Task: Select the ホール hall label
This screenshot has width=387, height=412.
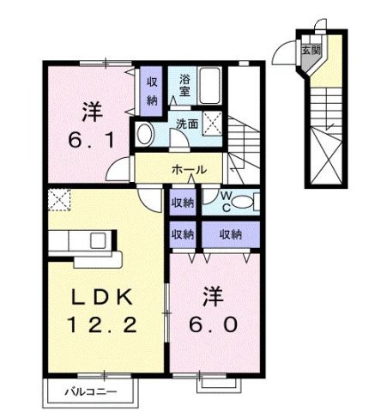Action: point(187,169)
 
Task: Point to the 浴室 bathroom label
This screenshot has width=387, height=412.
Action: point(185,86)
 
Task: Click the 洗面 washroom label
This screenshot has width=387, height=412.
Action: point(187,123)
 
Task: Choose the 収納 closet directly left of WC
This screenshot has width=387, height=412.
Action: point(181,203)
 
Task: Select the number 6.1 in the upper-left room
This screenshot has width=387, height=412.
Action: point(91,137)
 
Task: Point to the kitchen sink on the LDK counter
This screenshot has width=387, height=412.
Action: point(96,239)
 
